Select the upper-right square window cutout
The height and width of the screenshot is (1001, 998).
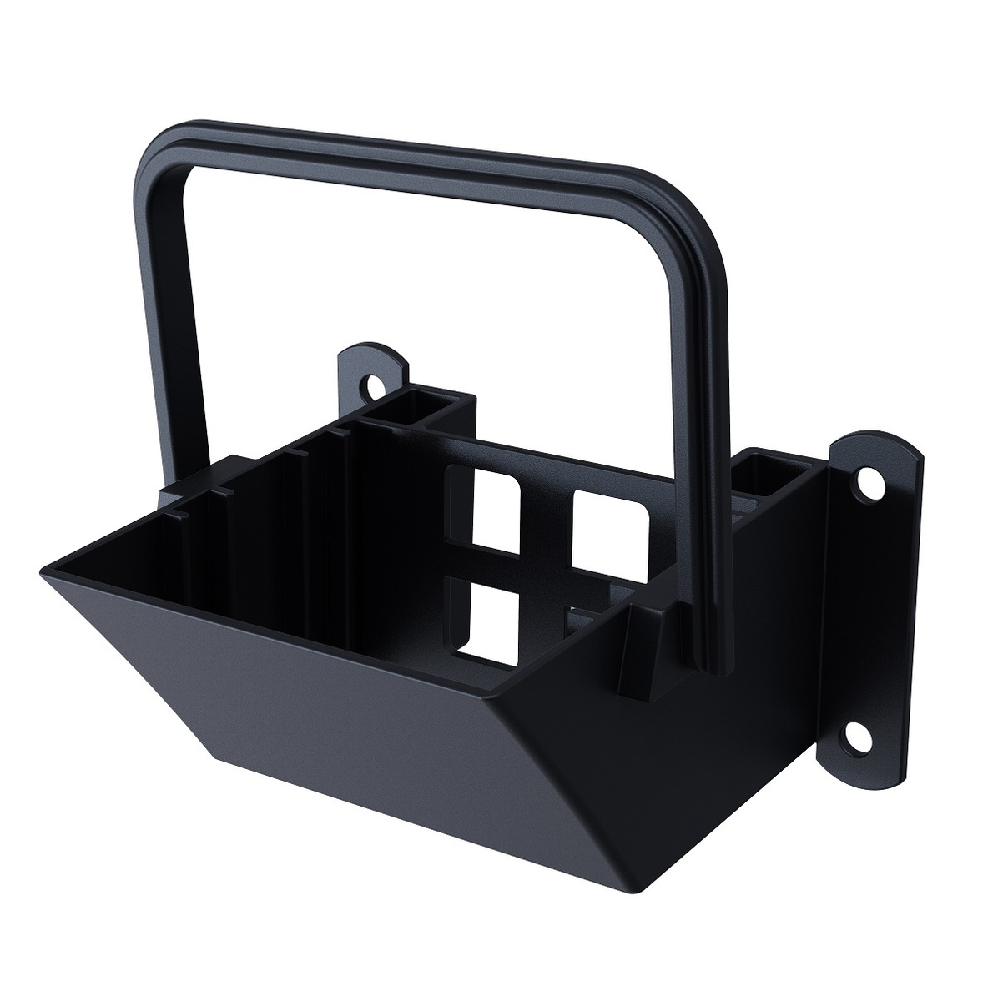609,530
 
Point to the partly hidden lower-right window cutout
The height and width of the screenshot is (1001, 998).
584,621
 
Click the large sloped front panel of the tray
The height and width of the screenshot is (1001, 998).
350,667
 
